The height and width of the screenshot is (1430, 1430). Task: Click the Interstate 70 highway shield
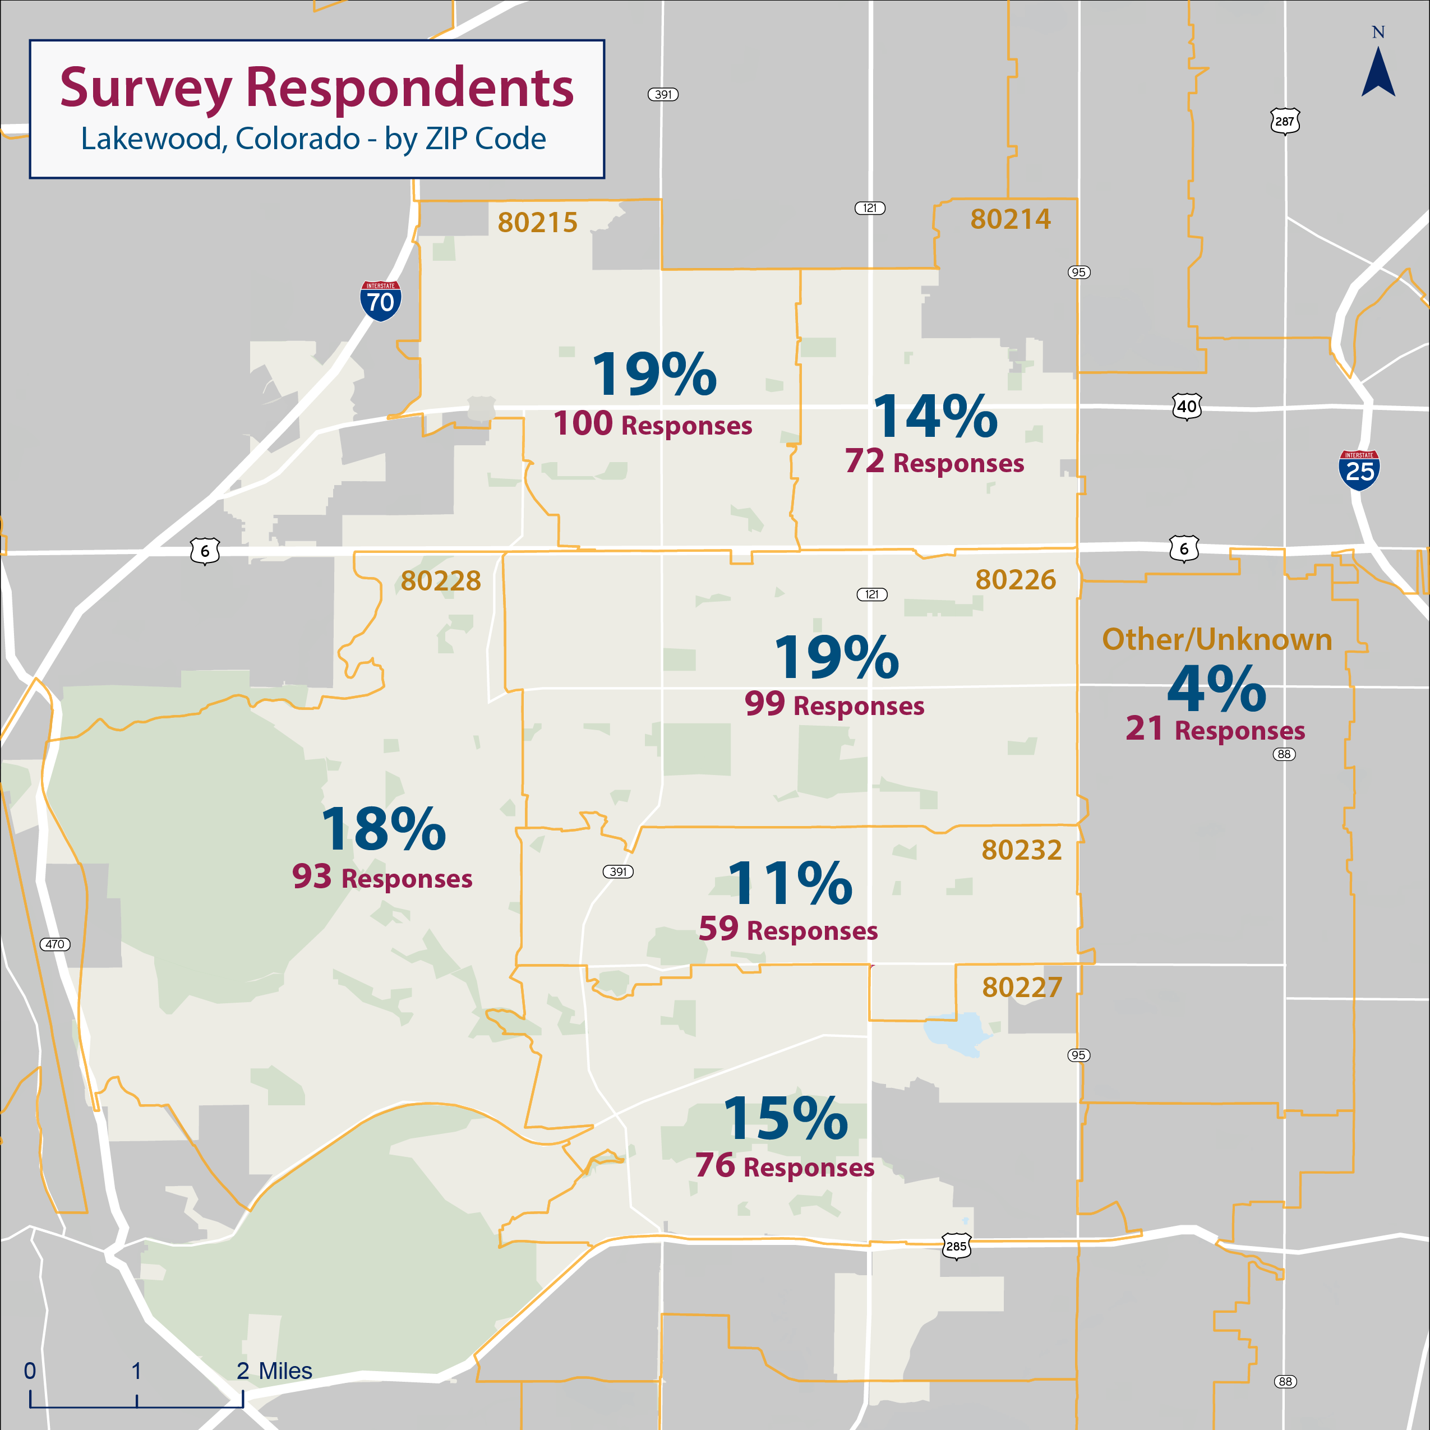(x=380, y=301)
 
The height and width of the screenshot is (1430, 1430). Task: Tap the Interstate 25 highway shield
(x=1359, y=470)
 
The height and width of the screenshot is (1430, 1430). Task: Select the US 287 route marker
(x=1285, y=121)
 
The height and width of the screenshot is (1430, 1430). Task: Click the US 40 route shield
(x=1187, y=407)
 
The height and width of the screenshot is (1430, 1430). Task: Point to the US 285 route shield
(x=956, y=1246)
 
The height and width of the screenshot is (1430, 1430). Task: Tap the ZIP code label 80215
(x=537, y=223)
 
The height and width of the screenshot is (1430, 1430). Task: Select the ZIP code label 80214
(x=1011, y=219)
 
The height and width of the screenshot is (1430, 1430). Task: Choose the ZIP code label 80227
(x=1021, y=988)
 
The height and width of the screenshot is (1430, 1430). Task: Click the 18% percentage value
(x=384, y=829)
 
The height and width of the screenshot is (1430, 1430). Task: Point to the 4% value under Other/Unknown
(x=1216, y=688)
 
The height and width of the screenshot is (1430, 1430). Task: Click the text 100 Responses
(x=652, y=424)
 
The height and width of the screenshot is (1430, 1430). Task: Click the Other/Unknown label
(x=1217, y=639)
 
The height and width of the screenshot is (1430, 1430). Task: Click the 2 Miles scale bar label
(x=274, y=1371)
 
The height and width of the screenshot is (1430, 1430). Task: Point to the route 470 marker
(x=55, y=944)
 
